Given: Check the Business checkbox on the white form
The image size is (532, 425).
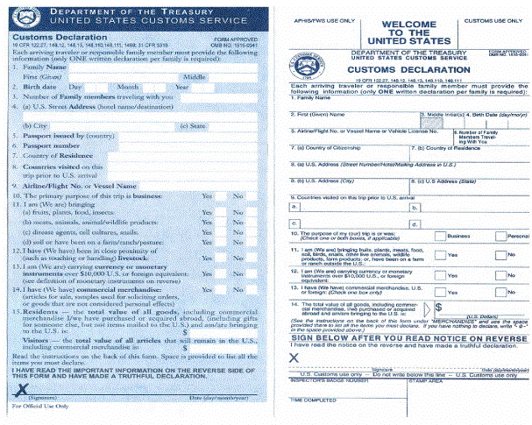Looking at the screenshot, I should point(439,236).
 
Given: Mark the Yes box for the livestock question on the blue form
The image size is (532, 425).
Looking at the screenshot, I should point(207,259).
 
